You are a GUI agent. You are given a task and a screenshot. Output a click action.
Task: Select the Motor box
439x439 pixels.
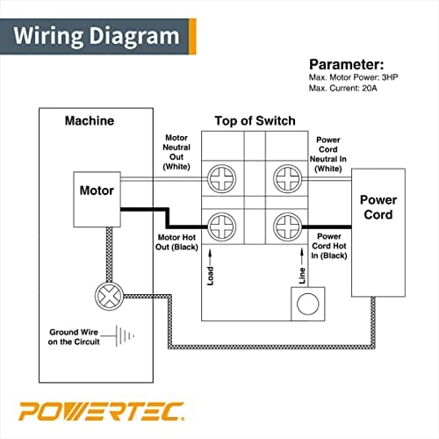97,190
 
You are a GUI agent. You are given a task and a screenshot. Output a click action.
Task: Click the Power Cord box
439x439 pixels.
378,207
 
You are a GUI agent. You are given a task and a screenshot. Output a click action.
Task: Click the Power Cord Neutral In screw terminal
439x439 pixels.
286,179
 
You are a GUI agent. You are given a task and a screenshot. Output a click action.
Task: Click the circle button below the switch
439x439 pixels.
308,304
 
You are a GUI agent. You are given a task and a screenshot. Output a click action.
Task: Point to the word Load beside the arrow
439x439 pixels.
211,275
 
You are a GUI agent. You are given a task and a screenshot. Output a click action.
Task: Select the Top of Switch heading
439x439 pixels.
255,120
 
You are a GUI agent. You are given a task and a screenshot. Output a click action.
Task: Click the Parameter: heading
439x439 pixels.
345,64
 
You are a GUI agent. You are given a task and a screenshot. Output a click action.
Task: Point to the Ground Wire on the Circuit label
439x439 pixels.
73,337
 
